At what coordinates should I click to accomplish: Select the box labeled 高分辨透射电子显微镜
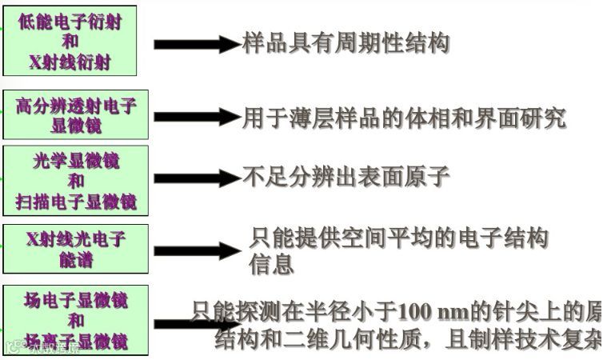pos(76,115)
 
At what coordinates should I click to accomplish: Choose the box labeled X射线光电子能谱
pos(76,249)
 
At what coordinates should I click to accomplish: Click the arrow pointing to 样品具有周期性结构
pos(196,44)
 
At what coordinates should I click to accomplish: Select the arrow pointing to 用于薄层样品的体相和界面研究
pos(196,118)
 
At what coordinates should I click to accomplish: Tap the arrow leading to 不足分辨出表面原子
pos(196,178)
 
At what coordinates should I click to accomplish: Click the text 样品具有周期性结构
pos(345,43)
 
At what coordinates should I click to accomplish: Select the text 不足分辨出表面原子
pos(346,177)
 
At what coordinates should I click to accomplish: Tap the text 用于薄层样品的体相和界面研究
pos(404,118)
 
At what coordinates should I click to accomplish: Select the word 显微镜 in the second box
pos(76,126)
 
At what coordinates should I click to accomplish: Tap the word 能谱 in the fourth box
pos(76,259)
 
